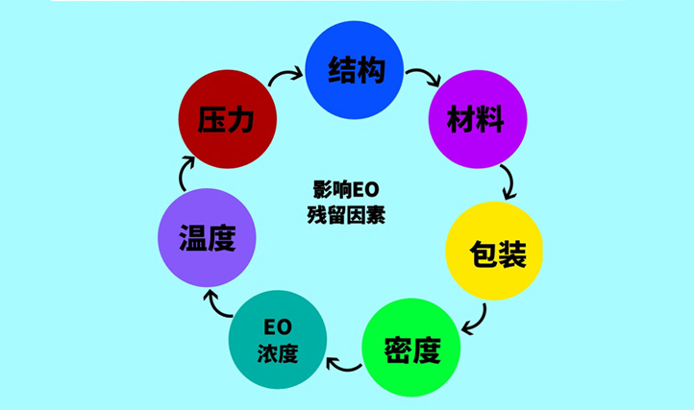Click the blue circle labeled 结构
click(355, 70)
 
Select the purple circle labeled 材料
click(478, 119)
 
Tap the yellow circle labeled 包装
click(494, 251)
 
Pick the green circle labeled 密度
click(411, 348)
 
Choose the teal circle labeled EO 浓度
click(278, 340)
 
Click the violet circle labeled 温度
click(207, 238)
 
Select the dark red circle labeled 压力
click(228, 119)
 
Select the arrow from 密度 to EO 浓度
click(343, 367)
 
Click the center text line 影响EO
click(346, 190)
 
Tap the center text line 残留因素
click(346, 215)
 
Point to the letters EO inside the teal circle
click(278, 327)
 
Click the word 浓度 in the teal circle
click(278, 353)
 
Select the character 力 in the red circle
click(240, 119)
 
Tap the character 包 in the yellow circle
click(483, 253)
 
